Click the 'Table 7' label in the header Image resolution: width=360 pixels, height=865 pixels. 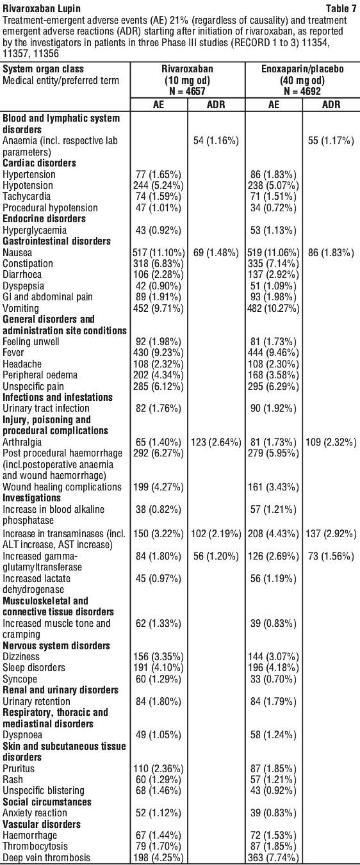[x=341, y=8]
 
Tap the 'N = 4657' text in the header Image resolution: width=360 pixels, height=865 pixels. [x=187, y=92]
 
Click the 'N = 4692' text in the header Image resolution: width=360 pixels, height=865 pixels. [x=302, y=92]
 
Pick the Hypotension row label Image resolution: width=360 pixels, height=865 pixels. [x=28, y=186]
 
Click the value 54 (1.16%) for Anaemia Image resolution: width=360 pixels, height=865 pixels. [x=216, y=141]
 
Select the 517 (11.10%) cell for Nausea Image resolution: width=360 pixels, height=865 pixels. [x=159, y=253]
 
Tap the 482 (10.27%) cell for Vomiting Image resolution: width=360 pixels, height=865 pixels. [x=274, y=309]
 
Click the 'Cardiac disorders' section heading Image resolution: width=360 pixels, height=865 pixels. [x=40, y=163]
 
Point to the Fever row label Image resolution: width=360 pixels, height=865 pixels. [x=13, y=353]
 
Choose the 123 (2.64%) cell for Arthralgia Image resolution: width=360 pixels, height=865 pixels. [x=217, y=442]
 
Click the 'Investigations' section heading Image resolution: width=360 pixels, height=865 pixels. [x=31, y=497]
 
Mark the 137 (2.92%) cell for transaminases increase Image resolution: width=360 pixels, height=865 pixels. [x=331, y=534]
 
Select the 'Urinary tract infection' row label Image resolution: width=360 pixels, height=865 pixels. [x=46, y=408]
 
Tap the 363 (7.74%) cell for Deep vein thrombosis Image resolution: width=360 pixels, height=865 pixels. [x=274, y=858]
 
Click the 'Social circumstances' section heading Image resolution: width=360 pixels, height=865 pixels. [x=47, y=802]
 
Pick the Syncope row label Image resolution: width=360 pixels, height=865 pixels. [x=20, y=679]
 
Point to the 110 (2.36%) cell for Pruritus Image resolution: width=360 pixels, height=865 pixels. [x=158, y=768]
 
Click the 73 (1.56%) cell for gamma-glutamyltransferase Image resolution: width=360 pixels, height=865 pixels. [x=331, y=556]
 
